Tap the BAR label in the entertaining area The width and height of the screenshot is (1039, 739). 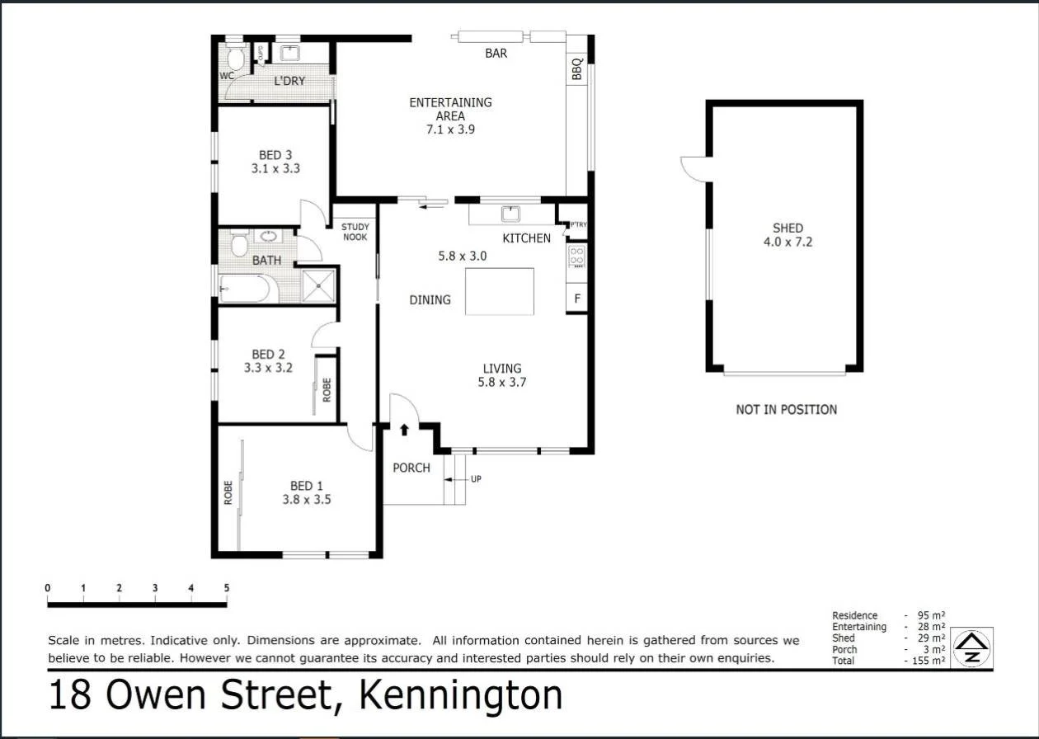pyautogui.click(x=496, y=54)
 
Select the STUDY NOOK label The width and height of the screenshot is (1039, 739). pyautogui.click(x=355, y=232)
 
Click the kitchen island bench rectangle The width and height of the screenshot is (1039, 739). pyautogui.click(x=499, y=291)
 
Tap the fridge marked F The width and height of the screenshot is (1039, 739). pyautogui.click(x=576, y=299)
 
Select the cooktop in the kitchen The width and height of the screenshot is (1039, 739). pyautogui.click(x=577, y=257)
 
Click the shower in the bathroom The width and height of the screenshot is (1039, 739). pyautogui.click(x=319, y=285)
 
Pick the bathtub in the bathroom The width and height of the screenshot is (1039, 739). pyautogui.click(x=244, y=289)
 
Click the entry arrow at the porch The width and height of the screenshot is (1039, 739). pyautogui.click(x=404, y=430)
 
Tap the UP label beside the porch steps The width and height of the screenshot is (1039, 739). pyautogui.click(x=476, y=479)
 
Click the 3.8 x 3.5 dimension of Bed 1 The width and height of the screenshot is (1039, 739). pyautogui.click(x=311, y=499)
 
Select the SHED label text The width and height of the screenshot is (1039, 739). pyautogui.click(x=787, y=228)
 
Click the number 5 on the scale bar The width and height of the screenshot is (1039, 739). pyautogui.click(x=226, y=588)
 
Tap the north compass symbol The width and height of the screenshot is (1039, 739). pyautogui.click(x=972, y=647)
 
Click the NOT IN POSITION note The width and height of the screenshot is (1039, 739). pyautogui.click(x=786, y=409)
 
